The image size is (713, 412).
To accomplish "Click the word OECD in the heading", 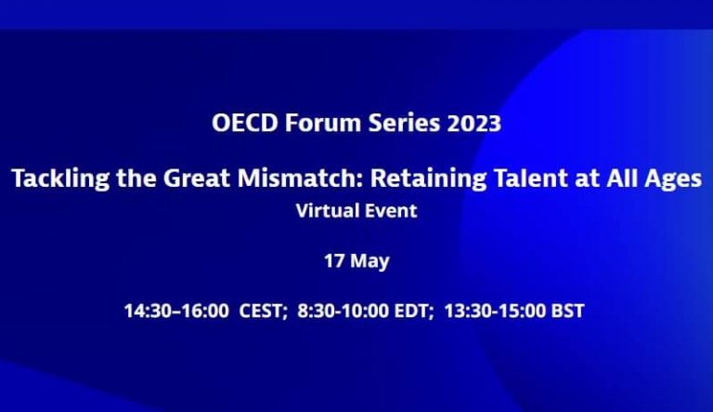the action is click(x=245, y=123).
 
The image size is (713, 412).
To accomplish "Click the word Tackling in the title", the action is click(x=60, y=179).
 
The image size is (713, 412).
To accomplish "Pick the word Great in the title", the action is click(x=197, y=178).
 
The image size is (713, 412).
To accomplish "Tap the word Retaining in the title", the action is click(x=428, y=179).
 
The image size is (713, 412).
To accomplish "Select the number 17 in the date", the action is click(x=334, y=260).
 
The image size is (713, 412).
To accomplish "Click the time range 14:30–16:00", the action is click(x=176, y=311).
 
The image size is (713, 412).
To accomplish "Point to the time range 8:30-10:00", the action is click(x=343, y=311).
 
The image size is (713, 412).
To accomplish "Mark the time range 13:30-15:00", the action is click(x=495, y=311).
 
